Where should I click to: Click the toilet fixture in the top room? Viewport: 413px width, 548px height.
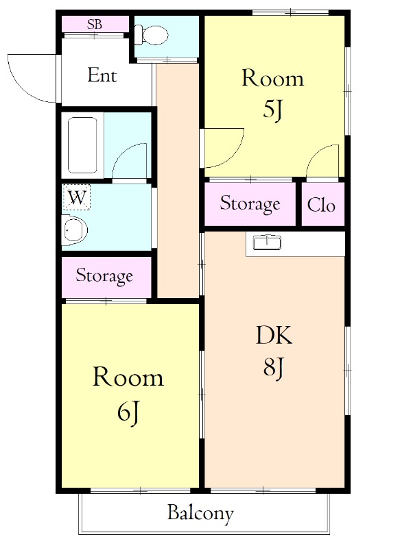[x=151, y=35]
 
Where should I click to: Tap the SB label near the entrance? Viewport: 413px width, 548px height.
[x=95, y=24]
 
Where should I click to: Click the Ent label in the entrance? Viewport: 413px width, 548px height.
[x=102, y=75]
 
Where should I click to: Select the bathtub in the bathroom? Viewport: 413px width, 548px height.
[x=82, y=145]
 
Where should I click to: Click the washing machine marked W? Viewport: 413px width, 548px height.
[x=77, y=198]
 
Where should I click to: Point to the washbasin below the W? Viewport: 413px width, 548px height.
[x=74, y=229]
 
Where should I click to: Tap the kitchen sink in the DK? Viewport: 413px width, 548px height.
[x=268, y=242]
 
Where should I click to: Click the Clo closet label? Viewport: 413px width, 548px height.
[x=321, y=205]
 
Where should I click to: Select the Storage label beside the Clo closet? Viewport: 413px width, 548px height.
[x=250, y=203]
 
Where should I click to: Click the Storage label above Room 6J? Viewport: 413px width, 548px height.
[x=104, y=276]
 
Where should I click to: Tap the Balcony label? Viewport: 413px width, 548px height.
[x=200, y=513]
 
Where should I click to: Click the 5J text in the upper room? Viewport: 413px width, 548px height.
[x=272, y=110]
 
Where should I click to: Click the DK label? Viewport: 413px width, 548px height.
[x=274, y=336]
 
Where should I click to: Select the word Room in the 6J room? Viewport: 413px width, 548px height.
[x=128, y=377]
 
